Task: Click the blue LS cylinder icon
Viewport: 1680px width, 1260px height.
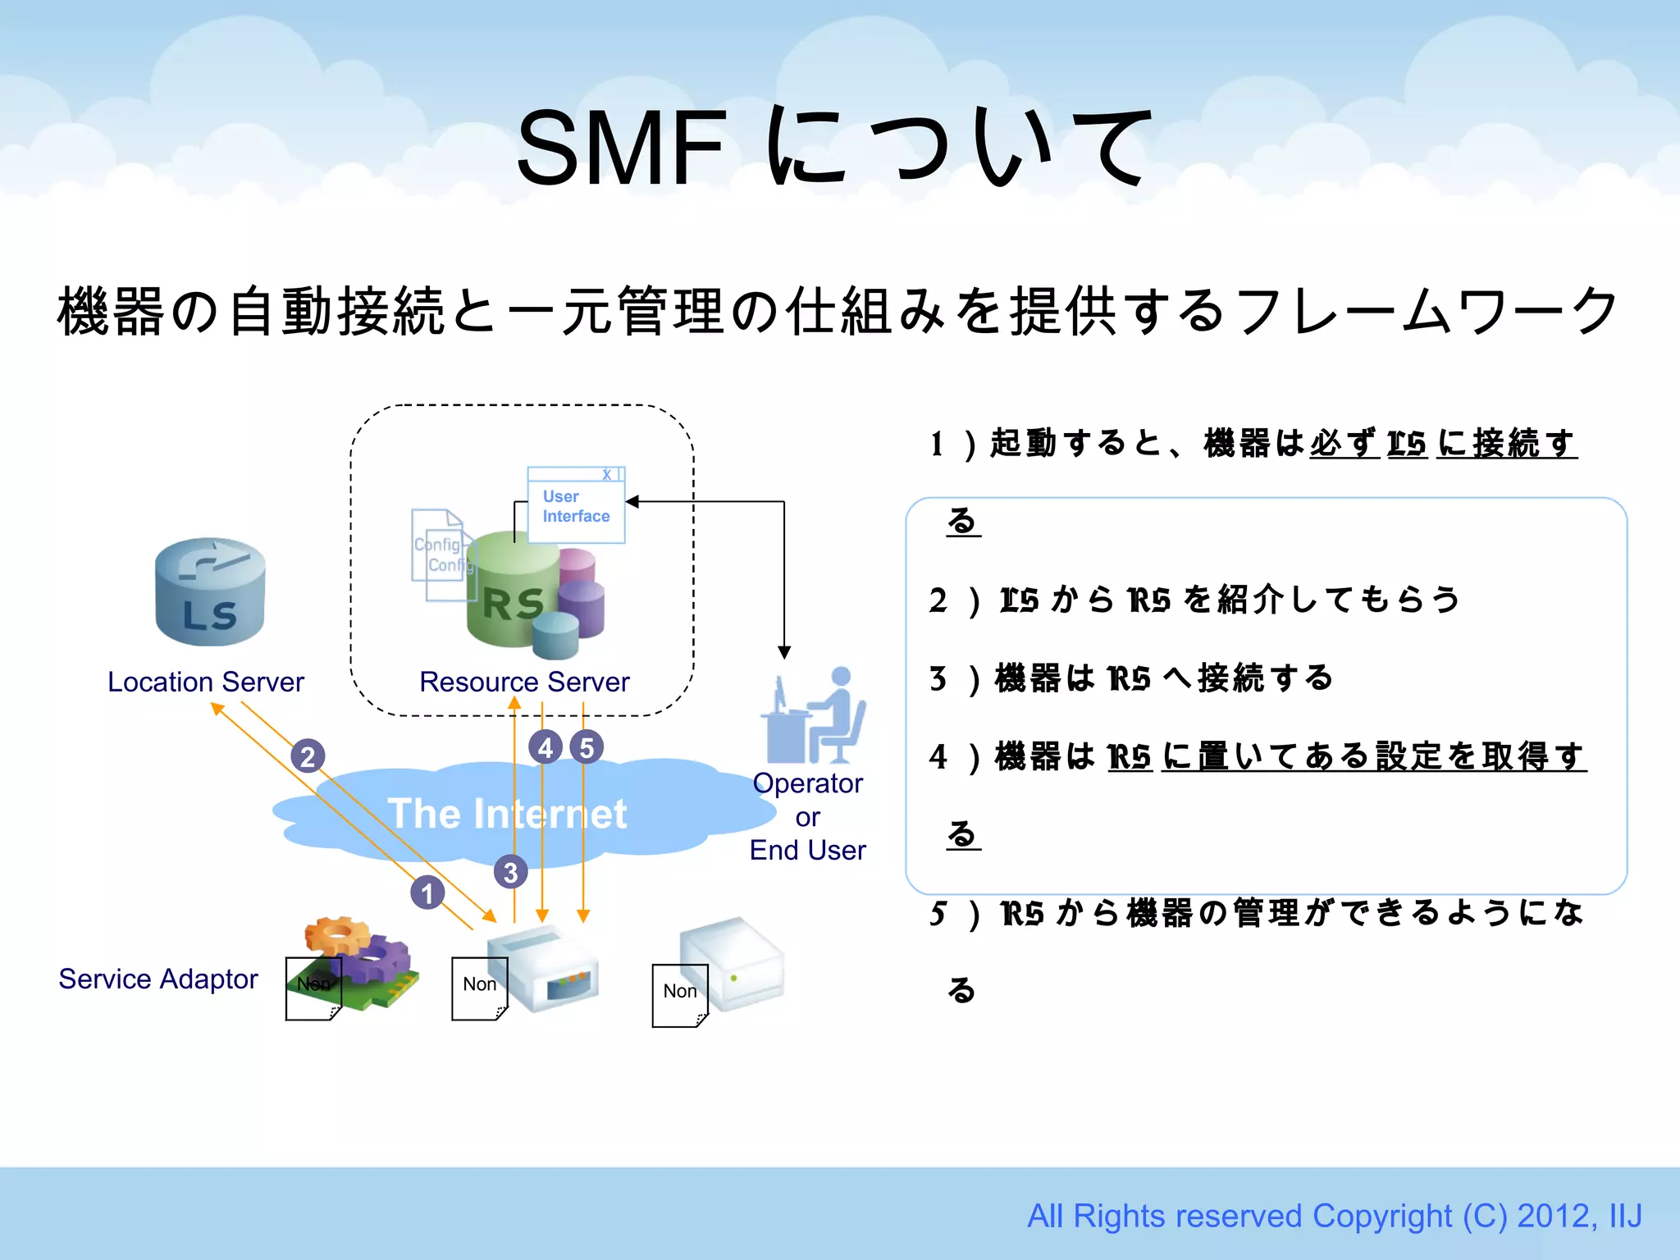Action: [210, 592]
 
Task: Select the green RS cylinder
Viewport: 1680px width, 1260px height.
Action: [513, 592]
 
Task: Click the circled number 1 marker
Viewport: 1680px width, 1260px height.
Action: [427, 892]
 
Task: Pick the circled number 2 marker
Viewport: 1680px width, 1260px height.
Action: [308, 756]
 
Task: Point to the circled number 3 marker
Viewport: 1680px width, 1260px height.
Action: [510, 872]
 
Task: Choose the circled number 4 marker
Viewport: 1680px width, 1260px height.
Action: [546, 747]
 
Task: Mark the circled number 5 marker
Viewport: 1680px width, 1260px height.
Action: [587, 747]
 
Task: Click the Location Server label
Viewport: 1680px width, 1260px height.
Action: [206, 682]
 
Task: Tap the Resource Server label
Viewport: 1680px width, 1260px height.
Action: [524, 682]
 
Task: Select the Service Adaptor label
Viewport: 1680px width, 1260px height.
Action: [158, 979]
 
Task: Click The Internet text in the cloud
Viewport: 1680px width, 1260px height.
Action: [508, 814]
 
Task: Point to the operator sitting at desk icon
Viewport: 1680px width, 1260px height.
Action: [815, 715]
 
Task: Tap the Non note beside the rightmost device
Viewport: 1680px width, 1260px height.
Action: [680, 994]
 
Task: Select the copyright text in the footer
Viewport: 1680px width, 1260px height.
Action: [1335, 1216]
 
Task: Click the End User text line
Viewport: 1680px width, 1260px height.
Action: [807, 850]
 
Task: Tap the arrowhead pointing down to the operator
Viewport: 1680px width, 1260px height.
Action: [784, 652]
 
